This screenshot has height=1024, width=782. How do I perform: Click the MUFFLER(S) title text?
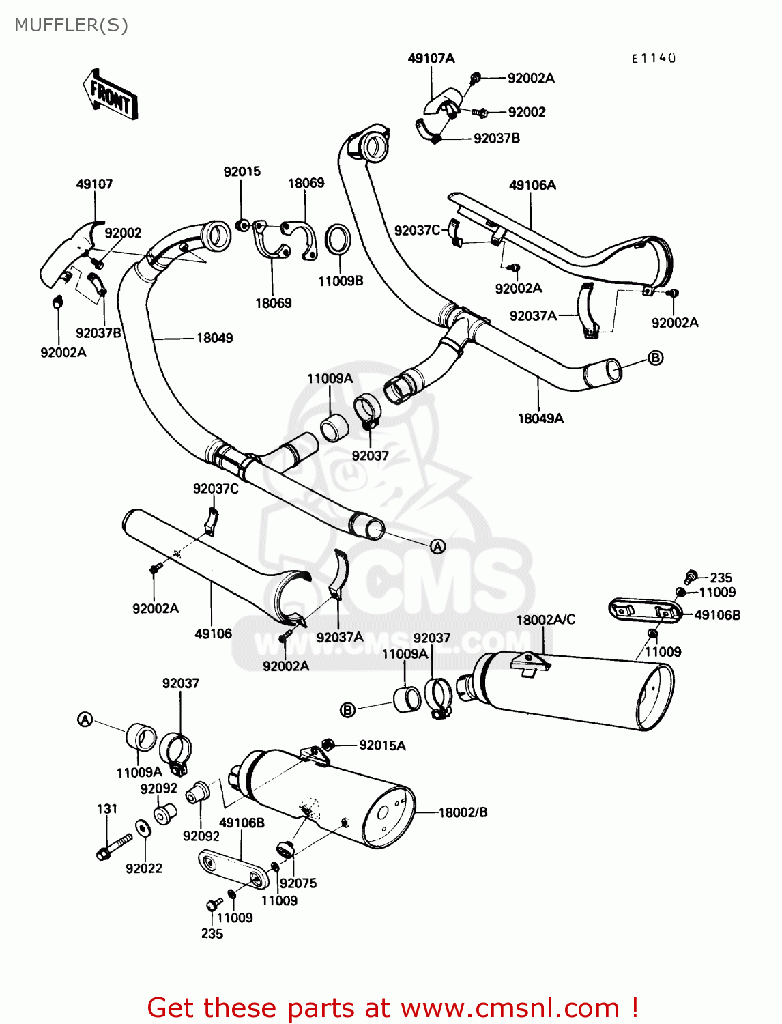coord(71,25)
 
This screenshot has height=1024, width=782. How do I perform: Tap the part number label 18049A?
coord(540,418)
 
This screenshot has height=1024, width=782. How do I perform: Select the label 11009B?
coord(341,281)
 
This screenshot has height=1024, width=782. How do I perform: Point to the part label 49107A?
coord(431,58)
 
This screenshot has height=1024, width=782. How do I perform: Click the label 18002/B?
coord(463,812)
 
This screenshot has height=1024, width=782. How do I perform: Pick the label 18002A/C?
coord(545,619)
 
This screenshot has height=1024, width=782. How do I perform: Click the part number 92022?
coord(144,868)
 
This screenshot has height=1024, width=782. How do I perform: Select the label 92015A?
coord(382,745)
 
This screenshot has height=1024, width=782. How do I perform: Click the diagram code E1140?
coord(653,59)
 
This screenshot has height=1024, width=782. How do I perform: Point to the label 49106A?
coord(532,185)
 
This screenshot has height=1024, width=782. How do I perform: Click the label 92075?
coord(298,883)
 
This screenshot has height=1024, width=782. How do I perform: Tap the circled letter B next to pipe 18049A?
coord(655,358)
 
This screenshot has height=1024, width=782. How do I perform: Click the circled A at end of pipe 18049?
coord(437,546)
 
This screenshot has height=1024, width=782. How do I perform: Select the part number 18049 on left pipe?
coord(214,338)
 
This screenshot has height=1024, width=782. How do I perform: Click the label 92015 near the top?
coord(242,171)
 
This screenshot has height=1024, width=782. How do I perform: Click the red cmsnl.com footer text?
coord(392,1008)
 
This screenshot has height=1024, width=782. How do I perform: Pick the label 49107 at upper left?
coord(94,184)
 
